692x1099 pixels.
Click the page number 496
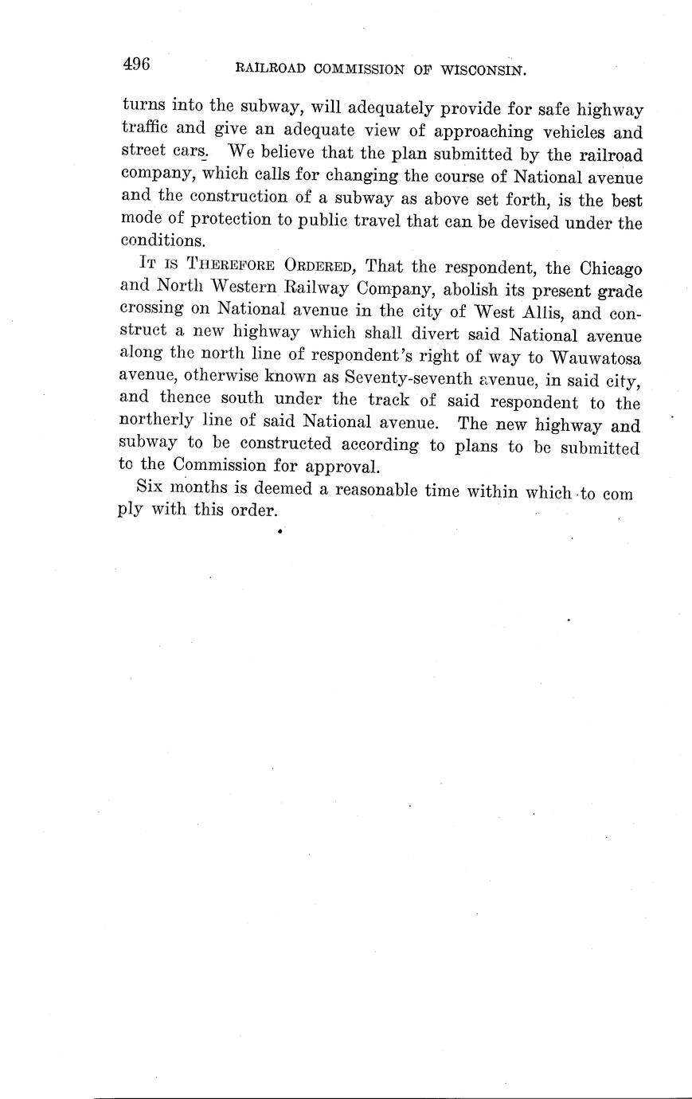click(136, 65)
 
